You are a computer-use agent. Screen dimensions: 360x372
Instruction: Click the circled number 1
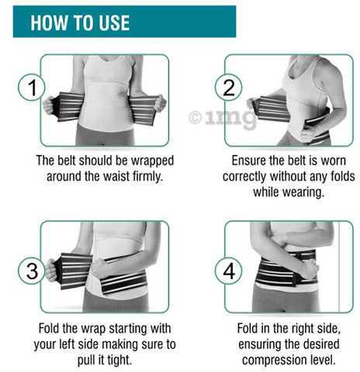tap(32, 88)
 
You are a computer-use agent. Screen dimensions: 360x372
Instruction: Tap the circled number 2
tap(229, 88)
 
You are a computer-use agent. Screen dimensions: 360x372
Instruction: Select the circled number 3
tap(32, 270)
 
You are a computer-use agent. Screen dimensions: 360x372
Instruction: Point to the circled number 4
tap(229, 270)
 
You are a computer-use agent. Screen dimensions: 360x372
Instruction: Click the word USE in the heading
tap(114, 22)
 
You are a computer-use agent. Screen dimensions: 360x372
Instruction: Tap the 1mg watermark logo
tap(223, 118)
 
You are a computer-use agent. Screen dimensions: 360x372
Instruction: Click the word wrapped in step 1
tap(152, 160)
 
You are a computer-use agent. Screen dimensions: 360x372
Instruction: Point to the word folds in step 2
tap(342, 177)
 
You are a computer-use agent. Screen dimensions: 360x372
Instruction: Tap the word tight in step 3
tap(119, 360)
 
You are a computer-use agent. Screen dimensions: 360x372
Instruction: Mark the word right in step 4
tap(302, 329)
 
